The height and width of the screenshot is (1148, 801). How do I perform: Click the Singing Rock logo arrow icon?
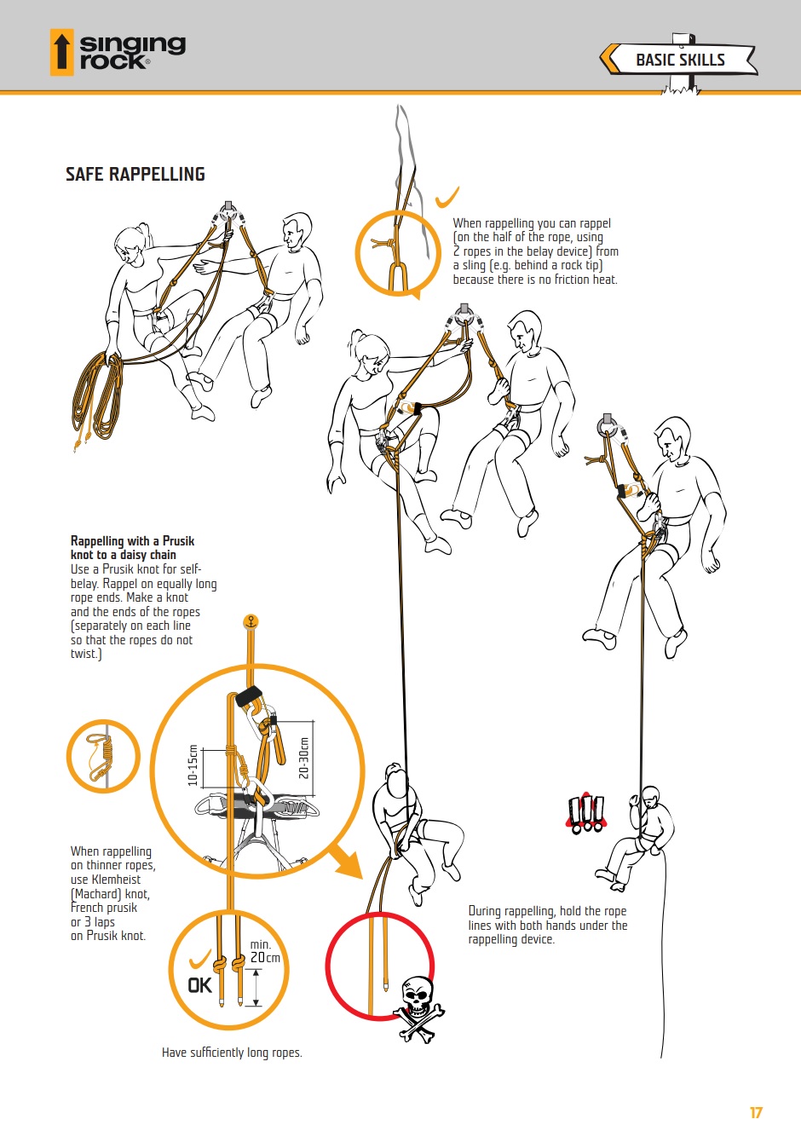tap(61, 52)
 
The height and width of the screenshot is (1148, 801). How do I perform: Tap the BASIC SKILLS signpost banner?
tap(678, 60)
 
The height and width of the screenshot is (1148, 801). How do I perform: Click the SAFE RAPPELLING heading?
tap(135, 174)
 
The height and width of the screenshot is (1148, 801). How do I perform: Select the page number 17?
tap(756, 1113)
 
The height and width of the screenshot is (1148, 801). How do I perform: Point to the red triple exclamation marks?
tap(586, 814)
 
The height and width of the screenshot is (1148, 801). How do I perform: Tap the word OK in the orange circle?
tap(200, 984)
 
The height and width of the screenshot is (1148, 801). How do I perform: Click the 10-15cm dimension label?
tap(193, 764)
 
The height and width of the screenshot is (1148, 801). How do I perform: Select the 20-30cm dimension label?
tap(304, 758)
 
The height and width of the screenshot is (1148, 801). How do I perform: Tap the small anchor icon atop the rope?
tap(251, 621)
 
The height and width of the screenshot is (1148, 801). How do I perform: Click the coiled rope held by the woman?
tap(98, 397)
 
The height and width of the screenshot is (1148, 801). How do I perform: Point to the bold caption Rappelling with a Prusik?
tap(133, 540)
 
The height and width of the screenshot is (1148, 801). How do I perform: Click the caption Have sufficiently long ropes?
tap(232, 1053)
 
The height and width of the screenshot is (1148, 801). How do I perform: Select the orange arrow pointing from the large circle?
tap(345, 859)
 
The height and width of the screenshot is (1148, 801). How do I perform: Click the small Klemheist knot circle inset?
tap(103, 757)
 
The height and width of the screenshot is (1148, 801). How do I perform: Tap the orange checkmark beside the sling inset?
tap(447, 198)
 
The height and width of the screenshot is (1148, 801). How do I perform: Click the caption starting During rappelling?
tap(548, 925)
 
